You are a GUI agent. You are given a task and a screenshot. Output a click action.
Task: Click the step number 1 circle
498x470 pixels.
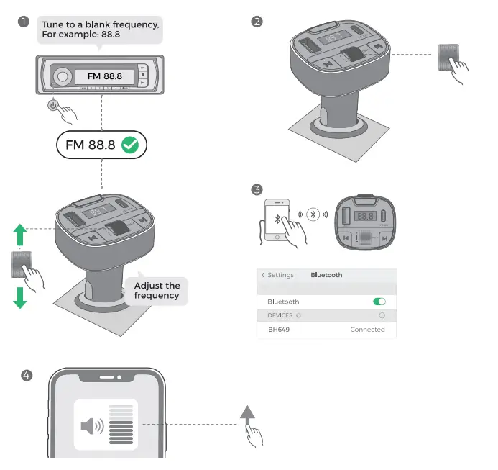(24, 22)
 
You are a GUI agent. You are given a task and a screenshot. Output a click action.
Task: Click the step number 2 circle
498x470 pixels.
(257, 22)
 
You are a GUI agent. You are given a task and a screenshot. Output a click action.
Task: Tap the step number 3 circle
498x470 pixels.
(257, 190)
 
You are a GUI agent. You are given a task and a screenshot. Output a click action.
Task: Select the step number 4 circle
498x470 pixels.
(27, 375)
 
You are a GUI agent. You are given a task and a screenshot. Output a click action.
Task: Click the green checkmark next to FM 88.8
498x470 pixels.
(130, 145)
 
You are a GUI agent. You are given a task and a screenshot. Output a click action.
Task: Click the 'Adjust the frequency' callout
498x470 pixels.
(157, 291)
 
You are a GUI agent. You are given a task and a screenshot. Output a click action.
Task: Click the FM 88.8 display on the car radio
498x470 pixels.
(105, 76)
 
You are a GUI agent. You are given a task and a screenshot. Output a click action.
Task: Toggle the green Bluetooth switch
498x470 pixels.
(379, 302)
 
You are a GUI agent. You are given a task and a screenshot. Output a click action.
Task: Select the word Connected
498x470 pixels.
(367, 330)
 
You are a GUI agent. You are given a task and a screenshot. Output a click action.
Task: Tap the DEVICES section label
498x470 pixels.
(280, 315)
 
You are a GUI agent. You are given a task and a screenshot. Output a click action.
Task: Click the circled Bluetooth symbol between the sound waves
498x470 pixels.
(313, 214)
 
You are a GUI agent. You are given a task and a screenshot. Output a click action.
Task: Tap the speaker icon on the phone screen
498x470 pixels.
(91, 426)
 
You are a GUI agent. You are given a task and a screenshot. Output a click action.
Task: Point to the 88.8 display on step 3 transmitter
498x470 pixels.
(366, 216)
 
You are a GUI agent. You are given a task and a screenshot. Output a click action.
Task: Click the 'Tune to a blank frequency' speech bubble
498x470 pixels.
(100, 30)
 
